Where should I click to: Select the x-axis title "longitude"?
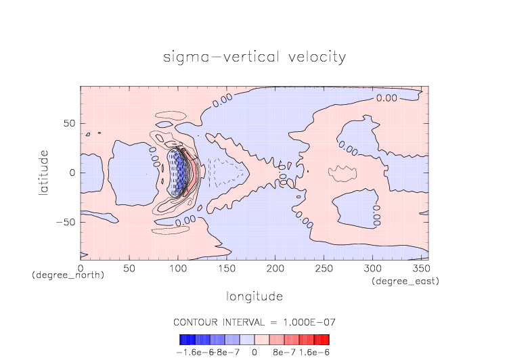click(254, 296)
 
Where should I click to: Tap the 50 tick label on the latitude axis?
click(70, 124)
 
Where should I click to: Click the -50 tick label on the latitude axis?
click(66, 222)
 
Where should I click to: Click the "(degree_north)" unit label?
click(68, 275)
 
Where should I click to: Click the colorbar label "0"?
click(255, 353)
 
